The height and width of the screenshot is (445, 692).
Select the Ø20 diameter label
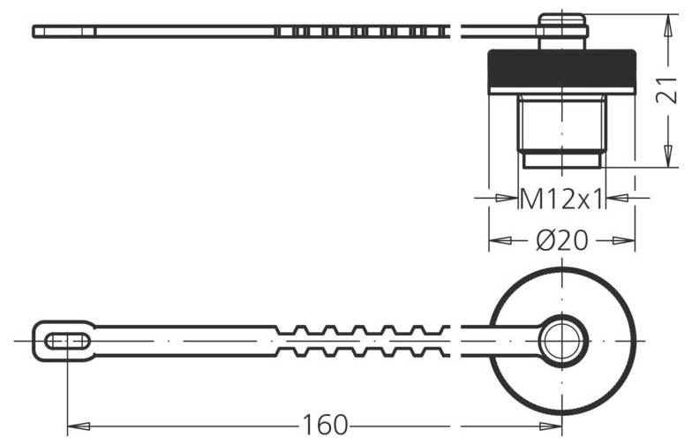[x=561, y=240]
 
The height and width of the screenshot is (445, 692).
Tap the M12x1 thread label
[x=561, y=199]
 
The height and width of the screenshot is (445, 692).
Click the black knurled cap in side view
[x=561, y=71]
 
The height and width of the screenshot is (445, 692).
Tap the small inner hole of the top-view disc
[x=561, y=340]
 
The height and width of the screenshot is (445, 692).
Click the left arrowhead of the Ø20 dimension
[x=497, y=240]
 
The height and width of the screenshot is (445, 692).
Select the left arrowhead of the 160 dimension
[x=74, y=426]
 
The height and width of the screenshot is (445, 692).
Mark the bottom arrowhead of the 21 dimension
[x=664, y=160]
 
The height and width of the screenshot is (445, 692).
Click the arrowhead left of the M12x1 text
[x=509, y=199]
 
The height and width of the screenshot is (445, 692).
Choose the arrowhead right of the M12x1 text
[x=614, y=199]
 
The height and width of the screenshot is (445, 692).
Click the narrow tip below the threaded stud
[x=561, y=160]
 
